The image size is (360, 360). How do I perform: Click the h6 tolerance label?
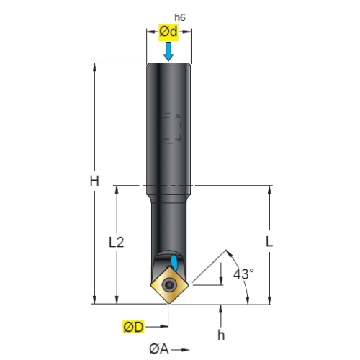click(x=180, y=17)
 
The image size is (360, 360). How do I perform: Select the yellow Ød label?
click(x=168, y=32)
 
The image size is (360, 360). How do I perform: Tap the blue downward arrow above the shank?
click(x=168, y=52)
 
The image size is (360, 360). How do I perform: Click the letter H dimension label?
click(x=94, y=181)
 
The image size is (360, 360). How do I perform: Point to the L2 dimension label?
click(x=117, y=242)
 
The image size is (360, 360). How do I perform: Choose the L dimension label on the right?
click(x=269, y=242)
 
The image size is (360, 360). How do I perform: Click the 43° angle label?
click(x=243, y=274)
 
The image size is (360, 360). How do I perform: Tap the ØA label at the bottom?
click(x=159, y=349)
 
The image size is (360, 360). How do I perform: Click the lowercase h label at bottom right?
click(x=221, y=335)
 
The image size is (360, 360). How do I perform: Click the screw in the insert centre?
click(x=169, y=285)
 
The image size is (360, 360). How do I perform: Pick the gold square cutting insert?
click(x=169, y=285)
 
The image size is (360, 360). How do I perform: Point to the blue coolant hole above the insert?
click(x=174, y=262)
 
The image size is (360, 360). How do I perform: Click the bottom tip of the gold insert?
click(x=169, y=304)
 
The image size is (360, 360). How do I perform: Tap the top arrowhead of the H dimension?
click(x=94, y=67)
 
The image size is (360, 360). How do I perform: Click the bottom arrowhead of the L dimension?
click(x=269, y=300)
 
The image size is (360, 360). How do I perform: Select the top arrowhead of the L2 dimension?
click(x=117, y=189)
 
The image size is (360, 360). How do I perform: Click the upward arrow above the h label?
click(x=221, y=315)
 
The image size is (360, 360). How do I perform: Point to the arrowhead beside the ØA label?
click(x=185, y=350)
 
